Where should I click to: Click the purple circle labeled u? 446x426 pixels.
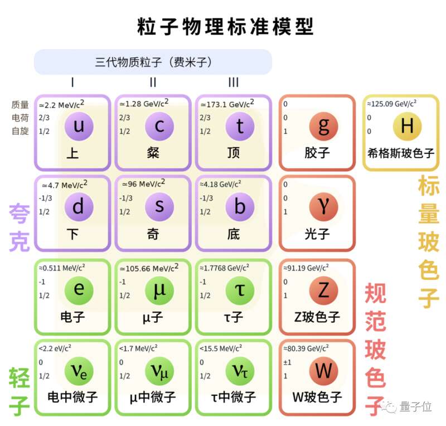[79, 126]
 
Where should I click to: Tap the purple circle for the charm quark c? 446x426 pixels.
[159, 126]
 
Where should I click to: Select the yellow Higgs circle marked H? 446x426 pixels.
[407, 126]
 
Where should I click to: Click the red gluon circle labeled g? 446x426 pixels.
[323, 126]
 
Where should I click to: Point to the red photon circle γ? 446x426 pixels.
[323, 207]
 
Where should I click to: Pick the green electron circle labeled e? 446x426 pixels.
[79, 291]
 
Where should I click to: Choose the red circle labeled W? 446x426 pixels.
[323, 371]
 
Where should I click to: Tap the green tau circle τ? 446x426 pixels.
[240, 291]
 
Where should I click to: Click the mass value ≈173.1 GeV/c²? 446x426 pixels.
[227, 104]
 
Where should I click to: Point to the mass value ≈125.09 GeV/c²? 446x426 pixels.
[392, 104]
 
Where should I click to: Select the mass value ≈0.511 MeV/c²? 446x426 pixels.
[62, 268]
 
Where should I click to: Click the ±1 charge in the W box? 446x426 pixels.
[287, 362]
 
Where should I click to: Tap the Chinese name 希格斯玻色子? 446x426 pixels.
[401, 153]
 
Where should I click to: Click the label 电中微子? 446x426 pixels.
[72, 396]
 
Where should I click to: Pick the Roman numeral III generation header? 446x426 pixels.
[234, 82]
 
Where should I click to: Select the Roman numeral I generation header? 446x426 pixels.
[72, 82]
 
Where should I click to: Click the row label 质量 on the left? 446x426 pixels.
[20, 105]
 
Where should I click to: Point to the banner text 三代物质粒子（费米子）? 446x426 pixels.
[153, 62]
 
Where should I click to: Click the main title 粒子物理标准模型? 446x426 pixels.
[225, 26]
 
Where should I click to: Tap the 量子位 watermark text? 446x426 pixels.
[415, 406]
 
